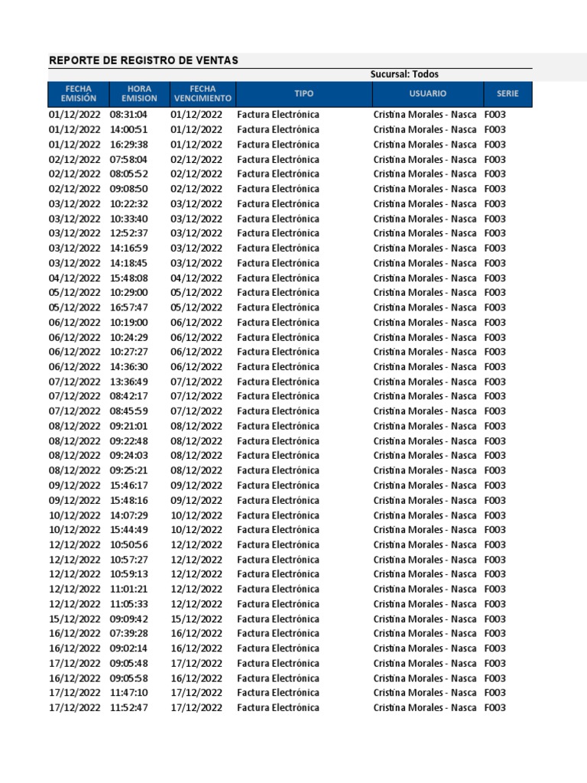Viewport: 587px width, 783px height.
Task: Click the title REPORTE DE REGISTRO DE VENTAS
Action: click(x=144, y=60)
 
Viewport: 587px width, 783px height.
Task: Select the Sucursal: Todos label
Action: click(x=404, y=74)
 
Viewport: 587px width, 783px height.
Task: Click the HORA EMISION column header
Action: click(x=139, y=94)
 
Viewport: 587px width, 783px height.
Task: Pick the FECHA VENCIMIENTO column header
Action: click(x=202, y=94)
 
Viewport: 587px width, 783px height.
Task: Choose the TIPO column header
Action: click(x=303, y=94)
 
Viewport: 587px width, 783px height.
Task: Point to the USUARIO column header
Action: click(x=427, y=94)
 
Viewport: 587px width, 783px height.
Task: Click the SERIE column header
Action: click(x=507, y=94)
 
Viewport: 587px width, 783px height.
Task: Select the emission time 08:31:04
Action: click(x=128, y=115)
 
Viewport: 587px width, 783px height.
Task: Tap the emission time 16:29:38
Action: click(x=128, y=145)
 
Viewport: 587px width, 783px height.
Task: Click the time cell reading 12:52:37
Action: click(x=128, y=233)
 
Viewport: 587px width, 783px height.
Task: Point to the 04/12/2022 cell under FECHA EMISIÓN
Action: click(x=74, y=278)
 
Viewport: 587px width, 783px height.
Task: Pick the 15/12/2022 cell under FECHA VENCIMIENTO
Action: click(x=196, y=619)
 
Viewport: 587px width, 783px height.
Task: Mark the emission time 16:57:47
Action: click(x=128, y=307)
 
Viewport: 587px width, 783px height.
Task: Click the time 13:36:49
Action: click(x=128, y=382)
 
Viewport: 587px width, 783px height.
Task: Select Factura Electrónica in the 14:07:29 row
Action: click(x=278, y=515)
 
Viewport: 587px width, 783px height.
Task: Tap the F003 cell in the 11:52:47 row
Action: click(x=495, y=708)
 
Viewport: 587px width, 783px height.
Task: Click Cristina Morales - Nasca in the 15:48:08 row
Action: click(x=425, y=278)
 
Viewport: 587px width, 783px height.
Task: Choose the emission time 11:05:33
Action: click(x=128, y=604)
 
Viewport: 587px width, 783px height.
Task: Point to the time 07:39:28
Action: click(x=128, y=634)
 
